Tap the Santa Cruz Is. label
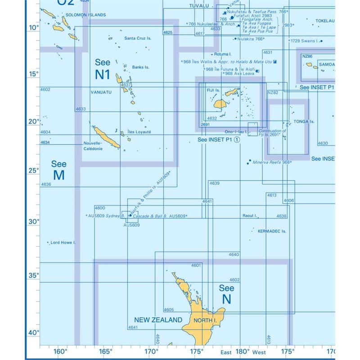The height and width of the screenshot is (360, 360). (x=138, y=38)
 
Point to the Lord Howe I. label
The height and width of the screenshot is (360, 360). (x=63, y=243)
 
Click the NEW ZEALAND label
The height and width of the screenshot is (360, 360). (x=158, y=320)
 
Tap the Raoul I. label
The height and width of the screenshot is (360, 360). (x=249, y=216)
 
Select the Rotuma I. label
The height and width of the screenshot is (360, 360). (x=228, y=54)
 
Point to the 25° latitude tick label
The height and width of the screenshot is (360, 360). (x=35, y=170)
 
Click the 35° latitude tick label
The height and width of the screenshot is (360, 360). (x=35, y=275)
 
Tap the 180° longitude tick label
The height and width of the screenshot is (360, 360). (x=242, y=351)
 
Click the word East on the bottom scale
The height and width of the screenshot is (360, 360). (x=226, y=352)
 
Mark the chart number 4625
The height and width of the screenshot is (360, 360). (x=168, y=32)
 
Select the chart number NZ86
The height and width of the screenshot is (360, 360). (x=307, y=56)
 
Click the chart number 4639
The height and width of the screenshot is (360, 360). (x=214, y=183)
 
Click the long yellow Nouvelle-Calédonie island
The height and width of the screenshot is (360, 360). (x=106, y=137)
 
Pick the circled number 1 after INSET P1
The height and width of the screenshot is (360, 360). (x=237, y=139)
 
